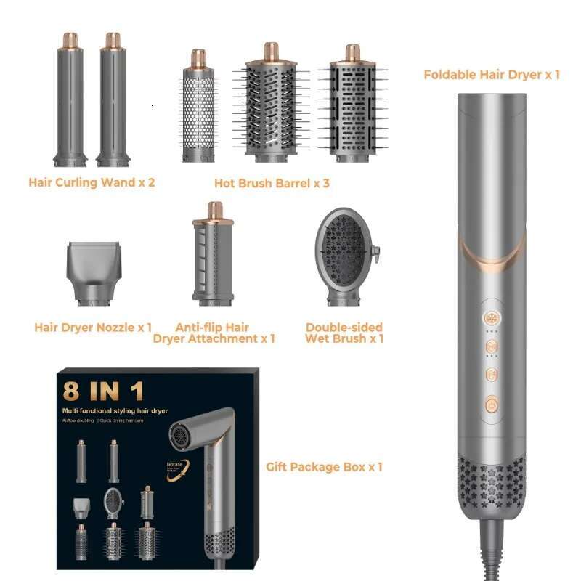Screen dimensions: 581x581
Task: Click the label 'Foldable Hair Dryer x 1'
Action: click(x=491, y=74)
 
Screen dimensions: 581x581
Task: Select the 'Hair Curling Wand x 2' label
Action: click(x=92, y=182)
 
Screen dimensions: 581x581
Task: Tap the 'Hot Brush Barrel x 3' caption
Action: click(x=272, y=183)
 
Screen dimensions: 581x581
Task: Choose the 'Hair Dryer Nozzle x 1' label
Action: click(x=93, y=328)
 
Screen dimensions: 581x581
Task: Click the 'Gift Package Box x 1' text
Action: click(x=324, y=466)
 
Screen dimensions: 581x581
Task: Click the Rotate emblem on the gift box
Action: click(x=176, y=466)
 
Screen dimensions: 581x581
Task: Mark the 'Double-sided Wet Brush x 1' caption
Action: click(x=344, y=333)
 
